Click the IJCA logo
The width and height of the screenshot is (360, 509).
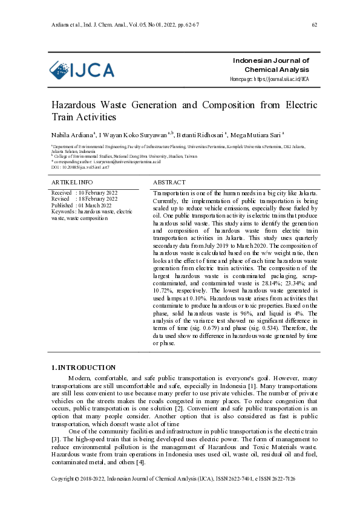pyautogui.click(x=82, y=71)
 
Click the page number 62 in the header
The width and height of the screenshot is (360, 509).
pyautogui.click(x=314, y=24)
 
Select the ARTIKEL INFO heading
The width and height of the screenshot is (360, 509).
pyautogui.click(x=72, y=182)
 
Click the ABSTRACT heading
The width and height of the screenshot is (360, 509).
pyautogui.click(x=169, y=182)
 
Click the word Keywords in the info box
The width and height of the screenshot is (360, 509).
pyautogui.click(x=64, y=212)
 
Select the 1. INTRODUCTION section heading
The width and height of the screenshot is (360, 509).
pyautogui.click(x=83, y=368)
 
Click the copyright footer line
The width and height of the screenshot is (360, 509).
pyautogui.click(x=173, y=496)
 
